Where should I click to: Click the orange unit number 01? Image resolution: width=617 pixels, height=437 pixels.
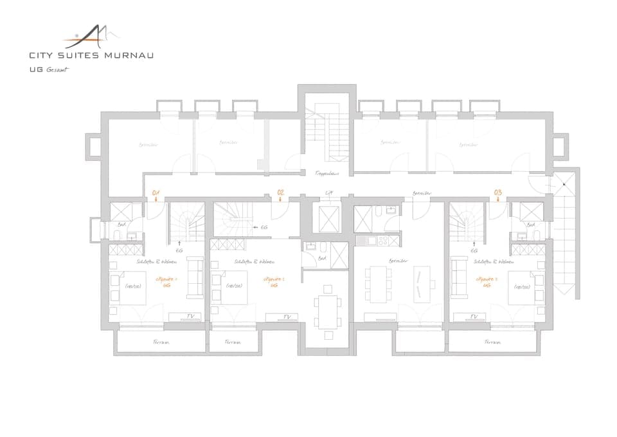[155, 192]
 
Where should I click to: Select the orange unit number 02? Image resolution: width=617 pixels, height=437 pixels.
[280, 192]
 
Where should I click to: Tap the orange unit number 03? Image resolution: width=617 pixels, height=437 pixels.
[497, 192]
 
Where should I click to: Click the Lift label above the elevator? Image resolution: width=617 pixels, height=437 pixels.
[329, 192]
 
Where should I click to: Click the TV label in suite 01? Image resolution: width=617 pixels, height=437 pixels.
[190, 316]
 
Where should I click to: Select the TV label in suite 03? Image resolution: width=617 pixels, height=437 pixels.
[474, 316]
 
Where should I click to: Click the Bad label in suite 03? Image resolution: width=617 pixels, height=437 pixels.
[531, 225]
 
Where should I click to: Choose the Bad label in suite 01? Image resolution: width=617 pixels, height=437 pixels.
[121, 225]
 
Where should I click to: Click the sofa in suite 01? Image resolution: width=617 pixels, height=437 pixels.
[193, 277]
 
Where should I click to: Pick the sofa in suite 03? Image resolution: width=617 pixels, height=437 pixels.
[459, 277]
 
